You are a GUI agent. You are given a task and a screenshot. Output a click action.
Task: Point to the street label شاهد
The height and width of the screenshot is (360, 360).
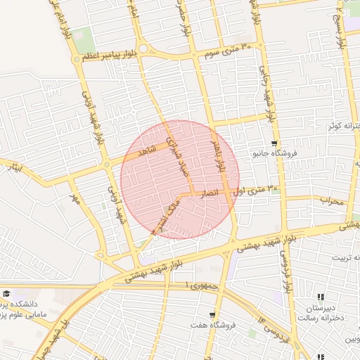point(146,150)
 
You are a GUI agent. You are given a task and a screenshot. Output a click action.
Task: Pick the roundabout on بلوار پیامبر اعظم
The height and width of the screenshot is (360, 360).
point(143,49)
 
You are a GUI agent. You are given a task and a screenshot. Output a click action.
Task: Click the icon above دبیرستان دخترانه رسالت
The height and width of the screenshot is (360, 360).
point(321,297)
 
